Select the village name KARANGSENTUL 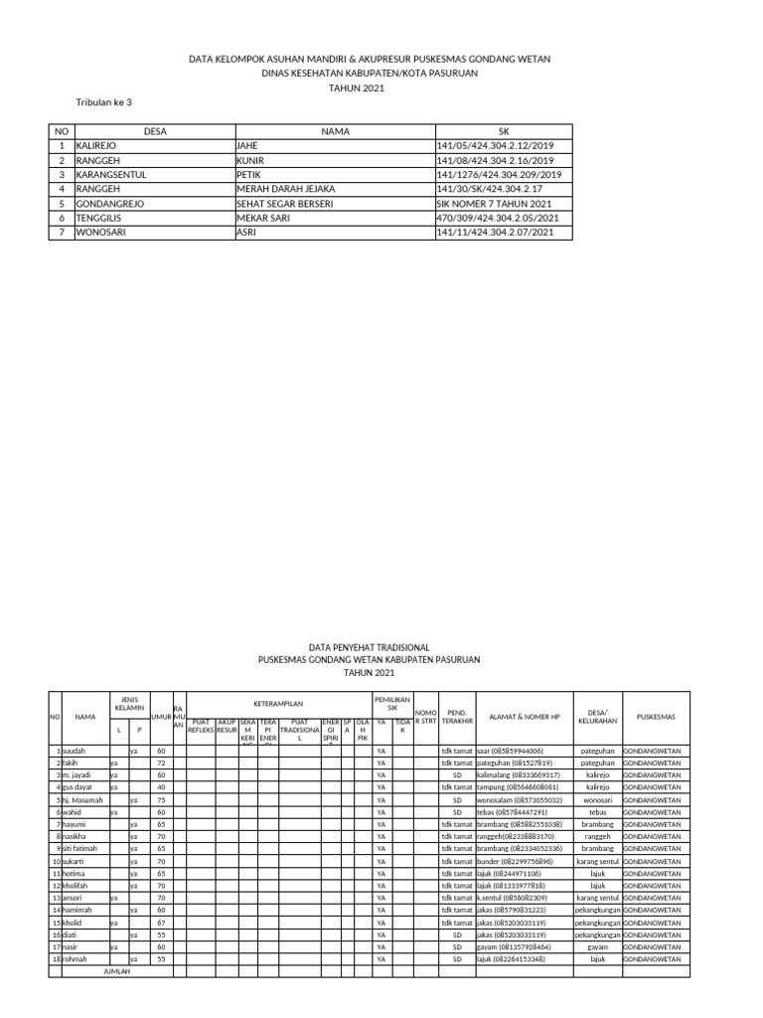[111, 174]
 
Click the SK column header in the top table [504, 131]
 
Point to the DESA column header [154, 131]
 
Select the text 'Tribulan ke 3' [104, 102]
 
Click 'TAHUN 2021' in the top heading [356, 88]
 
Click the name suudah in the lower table [75, 750]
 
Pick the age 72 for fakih [161, 763]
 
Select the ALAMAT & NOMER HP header [526, 716]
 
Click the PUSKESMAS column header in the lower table [656, 716]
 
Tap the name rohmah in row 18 [76, 959]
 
